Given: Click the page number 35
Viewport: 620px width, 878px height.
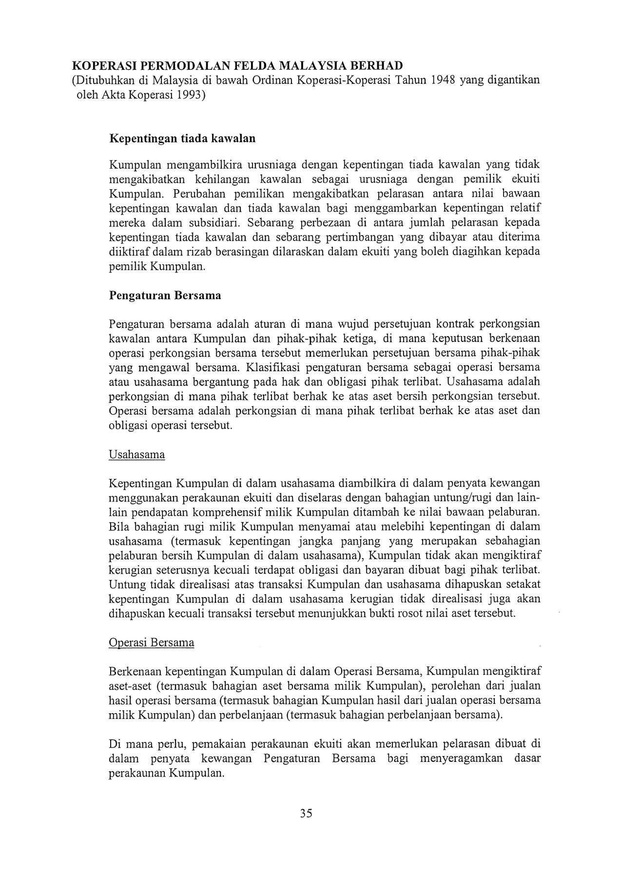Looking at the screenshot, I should coord(306,813).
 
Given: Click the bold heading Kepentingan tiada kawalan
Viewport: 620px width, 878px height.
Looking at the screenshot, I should coord(182,139).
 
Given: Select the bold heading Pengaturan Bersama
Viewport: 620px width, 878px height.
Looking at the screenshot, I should coord(165,295).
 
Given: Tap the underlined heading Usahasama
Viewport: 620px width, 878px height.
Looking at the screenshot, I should coord(137,455).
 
